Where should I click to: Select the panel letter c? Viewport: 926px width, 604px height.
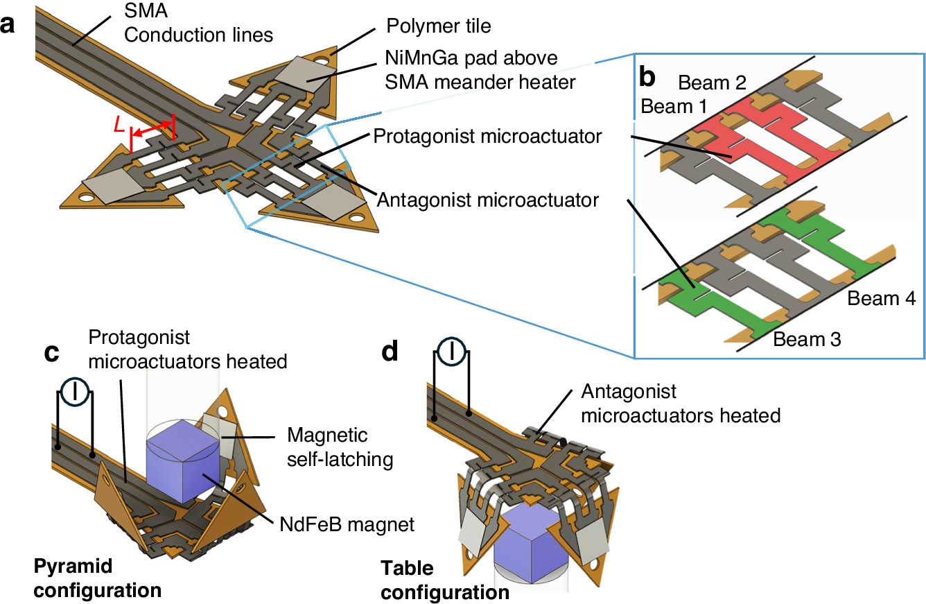click(51, 353)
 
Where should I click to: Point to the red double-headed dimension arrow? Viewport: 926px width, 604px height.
click(150, 128)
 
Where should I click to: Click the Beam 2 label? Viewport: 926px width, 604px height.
click(713, 84)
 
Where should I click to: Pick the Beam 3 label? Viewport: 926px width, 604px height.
click(807, 340)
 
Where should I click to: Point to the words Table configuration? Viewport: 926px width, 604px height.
click(446, 581)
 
